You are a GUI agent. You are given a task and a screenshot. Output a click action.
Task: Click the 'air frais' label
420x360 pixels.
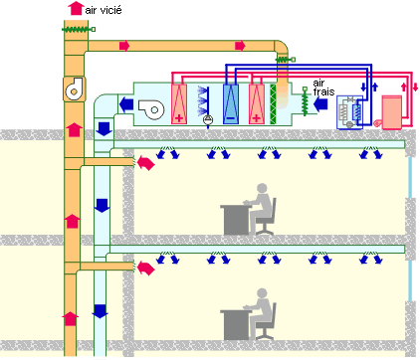tap(324, 88)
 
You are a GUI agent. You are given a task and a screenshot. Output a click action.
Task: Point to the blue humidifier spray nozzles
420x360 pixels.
tap(205, 99)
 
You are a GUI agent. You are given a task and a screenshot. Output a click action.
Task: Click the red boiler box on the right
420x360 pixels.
tap(392, 110)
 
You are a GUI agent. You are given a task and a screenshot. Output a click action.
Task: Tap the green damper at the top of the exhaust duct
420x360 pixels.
tap(76, 30)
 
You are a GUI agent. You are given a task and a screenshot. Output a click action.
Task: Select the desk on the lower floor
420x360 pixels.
tap(237, 318)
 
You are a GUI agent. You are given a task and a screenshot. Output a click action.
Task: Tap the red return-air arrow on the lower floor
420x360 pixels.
tap(146, 266)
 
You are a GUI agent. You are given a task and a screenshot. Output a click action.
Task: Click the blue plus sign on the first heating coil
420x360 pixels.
tap(181, 117)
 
